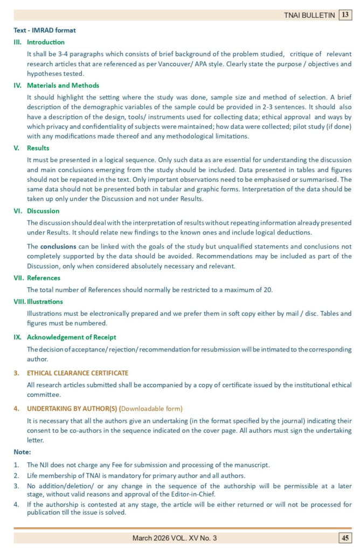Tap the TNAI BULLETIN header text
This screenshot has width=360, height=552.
pyautogui.click(x=309, y=16)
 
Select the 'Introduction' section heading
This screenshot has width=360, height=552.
pyautogui.click(x=46, y=42)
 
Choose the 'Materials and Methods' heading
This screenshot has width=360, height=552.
pyautogui.click(x=63, y=85)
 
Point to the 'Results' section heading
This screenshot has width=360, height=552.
pyautogui.click(x=38, y=148)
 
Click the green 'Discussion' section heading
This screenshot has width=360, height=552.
pyautogui.click(x=43, y=211)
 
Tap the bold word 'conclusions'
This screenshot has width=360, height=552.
pyautogui.click(x=58, y=246)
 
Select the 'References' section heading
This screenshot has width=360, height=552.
pyautogui.click(x=44, y=278)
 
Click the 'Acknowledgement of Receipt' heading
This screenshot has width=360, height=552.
pyautogui.click(x=72, y=337)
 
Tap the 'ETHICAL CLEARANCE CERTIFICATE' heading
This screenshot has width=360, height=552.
pyautogui.click(x=78, y=372)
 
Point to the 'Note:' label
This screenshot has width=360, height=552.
pyautogui.click(x=22, y=452)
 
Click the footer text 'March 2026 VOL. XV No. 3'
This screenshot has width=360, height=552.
pyautogui.click(x=175, y=538)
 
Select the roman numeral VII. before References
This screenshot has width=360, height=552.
pyautogui.click(x=18, y=278)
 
